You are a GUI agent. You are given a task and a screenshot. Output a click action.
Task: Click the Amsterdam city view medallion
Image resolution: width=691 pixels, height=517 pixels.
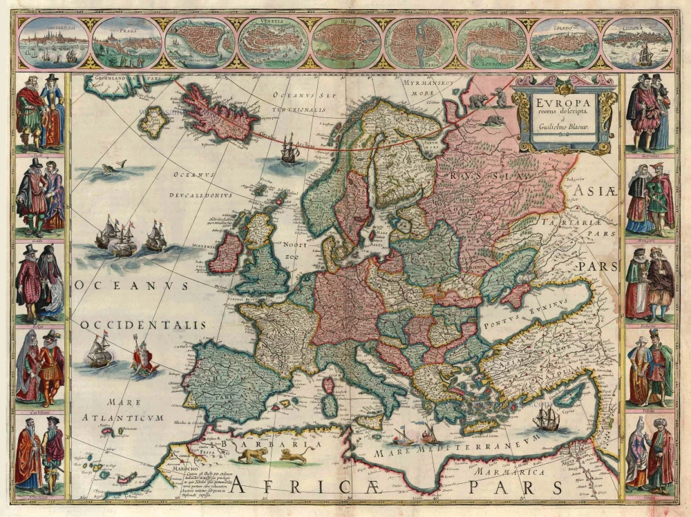coord(53,43)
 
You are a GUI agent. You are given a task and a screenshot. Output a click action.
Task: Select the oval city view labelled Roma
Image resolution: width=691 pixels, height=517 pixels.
coord(345,43)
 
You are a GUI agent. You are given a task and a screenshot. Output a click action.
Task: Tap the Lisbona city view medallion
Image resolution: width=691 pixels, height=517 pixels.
coord(636,43)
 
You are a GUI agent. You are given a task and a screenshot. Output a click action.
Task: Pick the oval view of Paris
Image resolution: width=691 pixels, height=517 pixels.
coord(418,43)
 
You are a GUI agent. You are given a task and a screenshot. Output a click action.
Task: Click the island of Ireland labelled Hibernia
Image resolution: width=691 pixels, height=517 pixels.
coord(226,253)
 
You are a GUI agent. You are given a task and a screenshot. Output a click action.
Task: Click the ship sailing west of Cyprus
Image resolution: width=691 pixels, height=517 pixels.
coord(546,418)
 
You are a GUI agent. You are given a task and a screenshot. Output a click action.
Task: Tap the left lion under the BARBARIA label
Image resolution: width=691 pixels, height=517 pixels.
coord(252,455)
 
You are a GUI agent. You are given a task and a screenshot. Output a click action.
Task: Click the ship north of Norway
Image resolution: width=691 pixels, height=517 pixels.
coord(289,148)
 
